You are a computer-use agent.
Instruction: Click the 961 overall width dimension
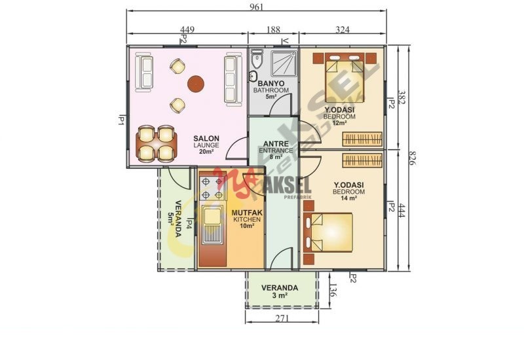(256, 7)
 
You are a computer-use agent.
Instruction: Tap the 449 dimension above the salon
(187, 29)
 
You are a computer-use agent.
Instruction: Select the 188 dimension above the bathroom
(273, 29)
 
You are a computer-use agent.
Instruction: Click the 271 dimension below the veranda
(282, 318)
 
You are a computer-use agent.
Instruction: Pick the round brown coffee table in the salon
(196, 84)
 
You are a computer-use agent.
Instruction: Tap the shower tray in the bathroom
(284, 63)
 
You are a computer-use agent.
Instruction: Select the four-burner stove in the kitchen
(212, 189)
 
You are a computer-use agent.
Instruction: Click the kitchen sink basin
(213, 216)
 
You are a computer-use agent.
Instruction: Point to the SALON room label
(206, 138)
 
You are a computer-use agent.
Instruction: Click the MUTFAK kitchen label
(247, 213)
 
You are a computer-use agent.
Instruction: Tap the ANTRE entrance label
(276, 143)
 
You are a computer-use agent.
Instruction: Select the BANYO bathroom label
(271, 84)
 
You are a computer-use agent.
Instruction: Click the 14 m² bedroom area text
(348, 198)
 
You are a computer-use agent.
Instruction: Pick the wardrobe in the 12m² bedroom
(362, 139)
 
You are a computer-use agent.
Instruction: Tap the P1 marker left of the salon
(121, 120)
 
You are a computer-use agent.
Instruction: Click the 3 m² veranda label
(280, 295)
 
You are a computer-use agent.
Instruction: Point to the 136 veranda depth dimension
(333, 290)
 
